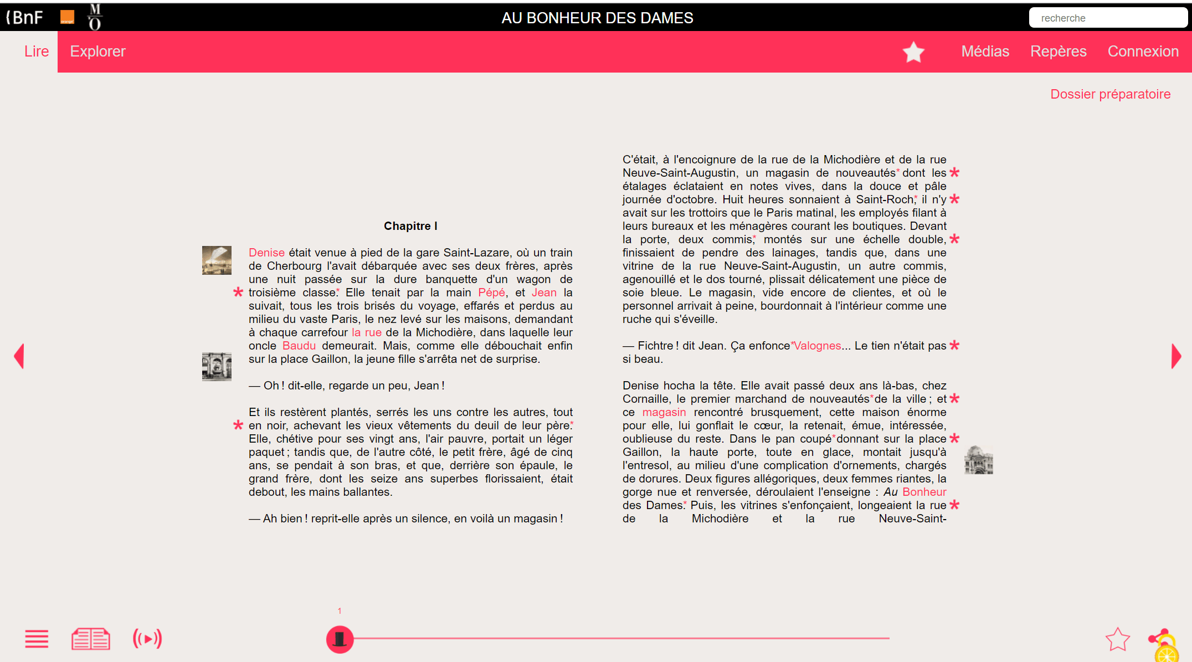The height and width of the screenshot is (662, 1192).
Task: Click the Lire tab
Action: [37, 52]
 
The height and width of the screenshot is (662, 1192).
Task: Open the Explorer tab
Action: [97, 52]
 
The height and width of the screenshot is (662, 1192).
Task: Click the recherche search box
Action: [1108, 18]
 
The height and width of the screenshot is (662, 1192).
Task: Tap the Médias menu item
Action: [985, 52]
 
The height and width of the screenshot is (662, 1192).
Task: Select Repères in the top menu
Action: [1058, 52]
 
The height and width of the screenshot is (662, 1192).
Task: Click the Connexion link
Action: [1143, 52]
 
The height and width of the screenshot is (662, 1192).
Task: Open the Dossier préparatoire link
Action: [1110, 94]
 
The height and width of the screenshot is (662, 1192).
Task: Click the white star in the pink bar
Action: [913, 52]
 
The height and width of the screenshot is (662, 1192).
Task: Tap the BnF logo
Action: [25, 17]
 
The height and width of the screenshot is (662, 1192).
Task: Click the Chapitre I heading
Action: [410, 226]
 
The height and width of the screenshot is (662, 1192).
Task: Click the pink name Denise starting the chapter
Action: [266, 253]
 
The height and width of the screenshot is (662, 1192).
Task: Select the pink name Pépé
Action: [491, 292]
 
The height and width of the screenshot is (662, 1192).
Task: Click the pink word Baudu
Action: [299, 346]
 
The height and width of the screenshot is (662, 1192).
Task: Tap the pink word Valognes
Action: [818, 346]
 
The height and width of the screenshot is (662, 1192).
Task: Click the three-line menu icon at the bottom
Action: [37, 639]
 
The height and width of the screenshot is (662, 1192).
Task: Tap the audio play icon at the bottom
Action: [147, 639]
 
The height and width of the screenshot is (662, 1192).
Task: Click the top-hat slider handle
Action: [340, 639]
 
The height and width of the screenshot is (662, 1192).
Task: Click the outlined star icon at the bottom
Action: [1117, 639]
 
